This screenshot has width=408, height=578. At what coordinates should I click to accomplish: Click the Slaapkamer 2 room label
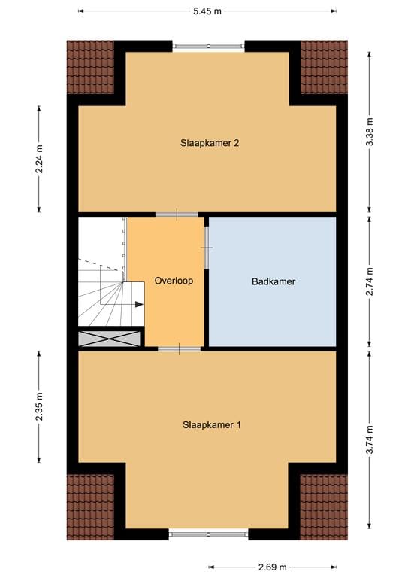[x=210, y=142]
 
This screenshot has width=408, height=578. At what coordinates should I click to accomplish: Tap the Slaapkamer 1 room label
[x=212, y=424]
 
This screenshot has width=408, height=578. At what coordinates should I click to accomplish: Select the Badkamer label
[x=273, y=282]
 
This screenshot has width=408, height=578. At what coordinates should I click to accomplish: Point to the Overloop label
[x=174, y=281]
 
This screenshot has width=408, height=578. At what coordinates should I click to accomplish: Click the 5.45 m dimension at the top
[x=207, y=11]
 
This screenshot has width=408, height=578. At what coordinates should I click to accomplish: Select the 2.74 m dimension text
[x=369, y=282]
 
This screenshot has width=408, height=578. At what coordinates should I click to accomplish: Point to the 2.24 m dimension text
[x=39, y=159]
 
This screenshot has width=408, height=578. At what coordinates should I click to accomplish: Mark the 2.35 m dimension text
[x=39, y=407]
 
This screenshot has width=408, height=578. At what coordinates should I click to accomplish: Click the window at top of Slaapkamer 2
[x=210, y=47]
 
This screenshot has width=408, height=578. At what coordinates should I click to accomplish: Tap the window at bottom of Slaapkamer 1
[x=208, y=534]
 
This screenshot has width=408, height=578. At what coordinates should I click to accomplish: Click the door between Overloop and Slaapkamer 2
[x=177, y=214]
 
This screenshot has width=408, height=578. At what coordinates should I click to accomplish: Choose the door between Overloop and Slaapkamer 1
[x=179, y=348]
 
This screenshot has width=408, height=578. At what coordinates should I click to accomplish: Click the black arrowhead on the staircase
[x=139, y=305]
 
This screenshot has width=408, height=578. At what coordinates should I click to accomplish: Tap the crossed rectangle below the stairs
[x=109, y=339]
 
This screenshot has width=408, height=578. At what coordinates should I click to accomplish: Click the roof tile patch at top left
[x=89, y=67]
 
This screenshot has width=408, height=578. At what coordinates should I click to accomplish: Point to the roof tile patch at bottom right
[x=324, y=507]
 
